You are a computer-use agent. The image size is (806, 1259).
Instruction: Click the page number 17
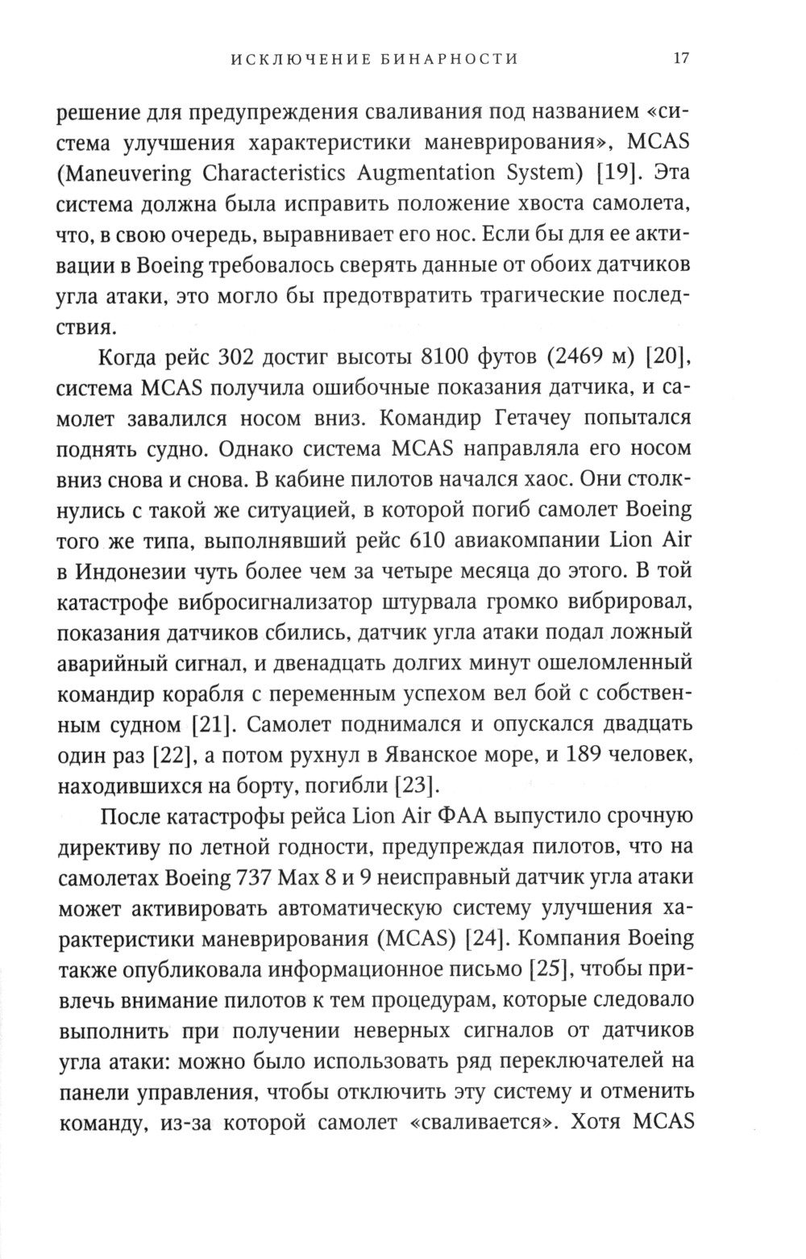tap(681, 58)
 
